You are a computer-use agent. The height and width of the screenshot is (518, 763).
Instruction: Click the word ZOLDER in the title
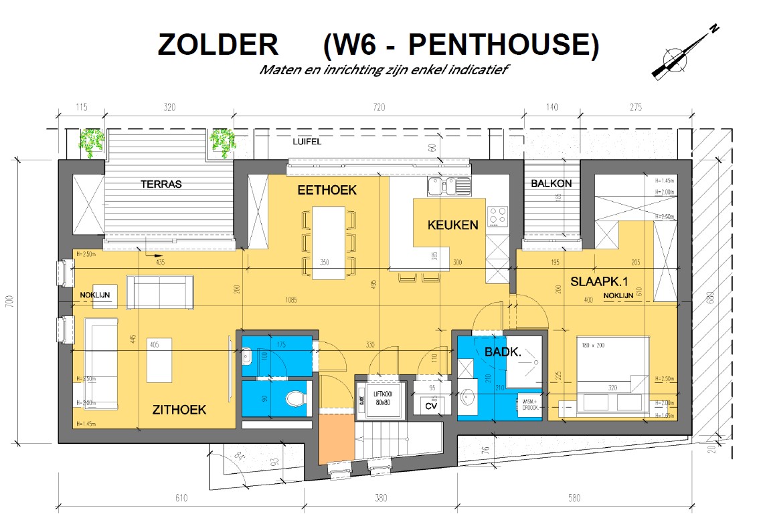pos(218,44)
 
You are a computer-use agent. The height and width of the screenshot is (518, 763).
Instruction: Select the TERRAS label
pos(161,184)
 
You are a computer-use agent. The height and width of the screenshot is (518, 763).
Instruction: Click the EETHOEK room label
pos(327,190)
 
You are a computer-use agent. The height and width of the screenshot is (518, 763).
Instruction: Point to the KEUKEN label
pos(453,225)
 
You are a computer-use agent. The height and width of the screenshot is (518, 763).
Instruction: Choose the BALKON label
pos(551,183)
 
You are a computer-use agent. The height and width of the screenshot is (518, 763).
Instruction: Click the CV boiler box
pos(431,405)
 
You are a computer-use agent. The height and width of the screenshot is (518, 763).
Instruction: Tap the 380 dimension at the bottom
pos(380,497)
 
